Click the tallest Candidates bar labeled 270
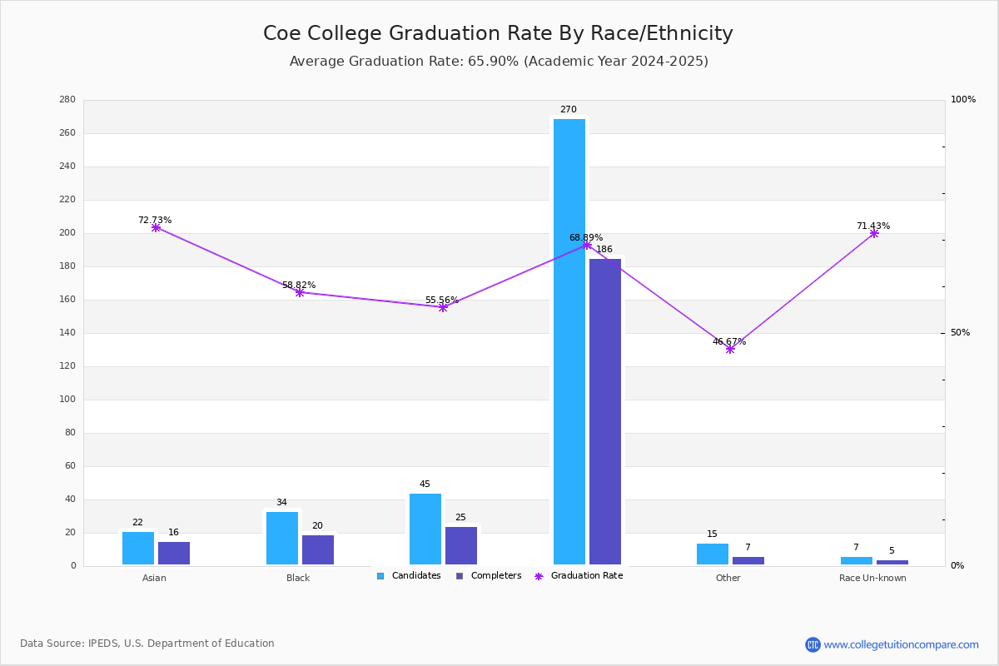[x=569, y=341]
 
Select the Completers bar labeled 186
[x=605, y=411]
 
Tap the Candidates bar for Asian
[x=138, y=548]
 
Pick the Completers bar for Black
[x=318, y=549]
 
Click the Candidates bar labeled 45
[x=425, y=529]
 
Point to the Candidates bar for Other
[x=713, y=554]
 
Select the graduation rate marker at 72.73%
[x=156, y=227]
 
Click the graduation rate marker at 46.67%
[x=730, y=349]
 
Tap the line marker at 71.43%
[x=874, y=233]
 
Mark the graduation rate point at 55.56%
[x=443, y=307]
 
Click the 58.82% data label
[x=299, y=285]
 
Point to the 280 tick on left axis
[x=67, y=100]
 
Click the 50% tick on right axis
[x=960, y=333]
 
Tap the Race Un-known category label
[x=872, y=578]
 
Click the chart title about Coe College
[x=498, y=33]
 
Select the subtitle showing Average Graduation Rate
[x=499, y=62]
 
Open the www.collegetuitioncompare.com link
[x=901, y=644]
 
